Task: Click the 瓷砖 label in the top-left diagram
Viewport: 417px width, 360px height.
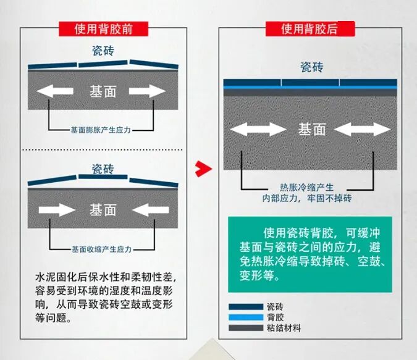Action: point(103,51)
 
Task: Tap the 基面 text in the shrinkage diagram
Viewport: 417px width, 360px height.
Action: point(103,210)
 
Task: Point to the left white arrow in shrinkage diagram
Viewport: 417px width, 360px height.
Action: point(56,210)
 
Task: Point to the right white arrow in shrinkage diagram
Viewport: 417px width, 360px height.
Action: point(150,210)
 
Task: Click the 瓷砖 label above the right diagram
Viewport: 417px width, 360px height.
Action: point(311,67)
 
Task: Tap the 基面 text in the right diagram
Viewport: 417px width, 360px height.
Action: point(311,130)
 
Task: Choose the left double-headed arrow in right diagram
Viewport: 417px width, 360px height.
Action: point(258,130)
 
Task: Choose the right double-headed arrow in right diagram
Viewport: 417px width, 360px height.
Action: point(363,130)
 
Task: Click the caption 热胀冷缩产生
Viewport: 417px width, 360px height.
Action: point(306,188)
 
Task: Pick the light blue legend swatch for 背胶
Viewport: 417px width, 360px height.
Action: point(245,317)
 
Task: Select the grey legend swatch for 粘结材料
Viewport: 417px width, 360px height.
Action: point(245,327)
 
